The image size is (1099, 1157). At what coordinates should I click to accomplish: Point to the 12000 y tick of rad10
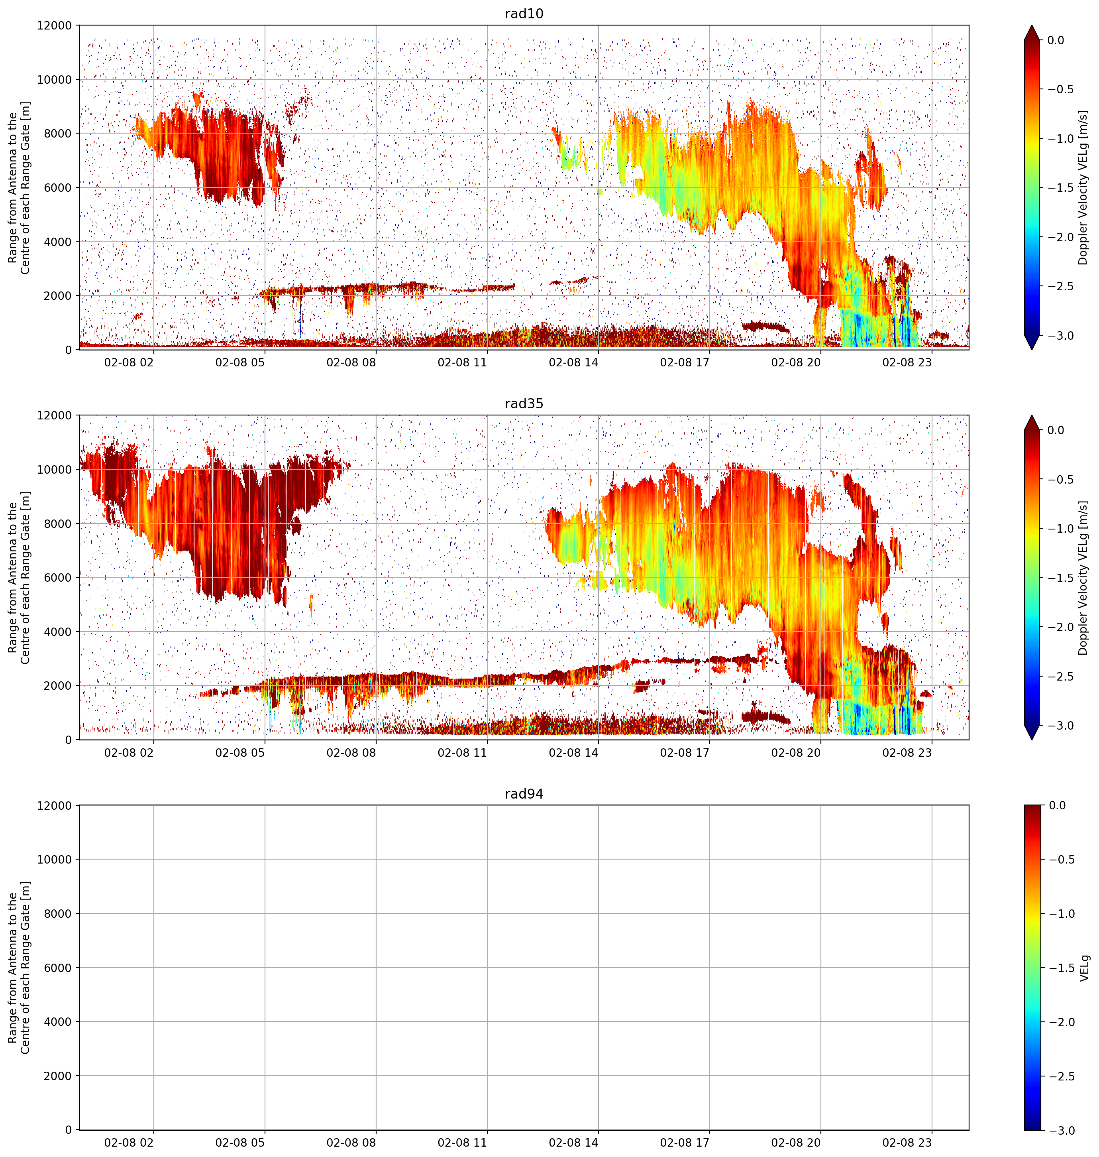coord(54,26)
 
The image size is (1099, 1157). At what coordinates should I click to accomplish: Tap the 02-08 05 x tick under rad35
coord(240,752)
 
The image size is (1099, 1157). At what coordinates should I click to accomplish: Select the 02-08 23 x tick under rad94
coord(907,1142)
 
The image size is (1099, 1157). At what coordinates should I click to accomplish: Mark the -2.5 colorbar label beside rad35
coord(1060,677)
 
